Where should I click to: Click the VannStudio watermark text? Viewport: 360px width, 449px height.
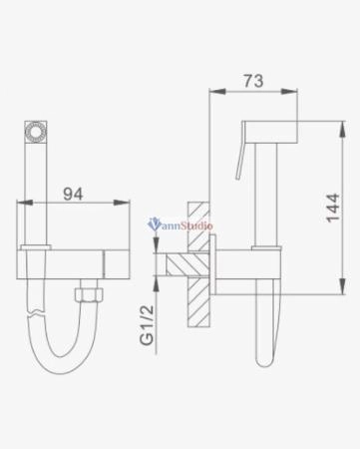181,225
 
